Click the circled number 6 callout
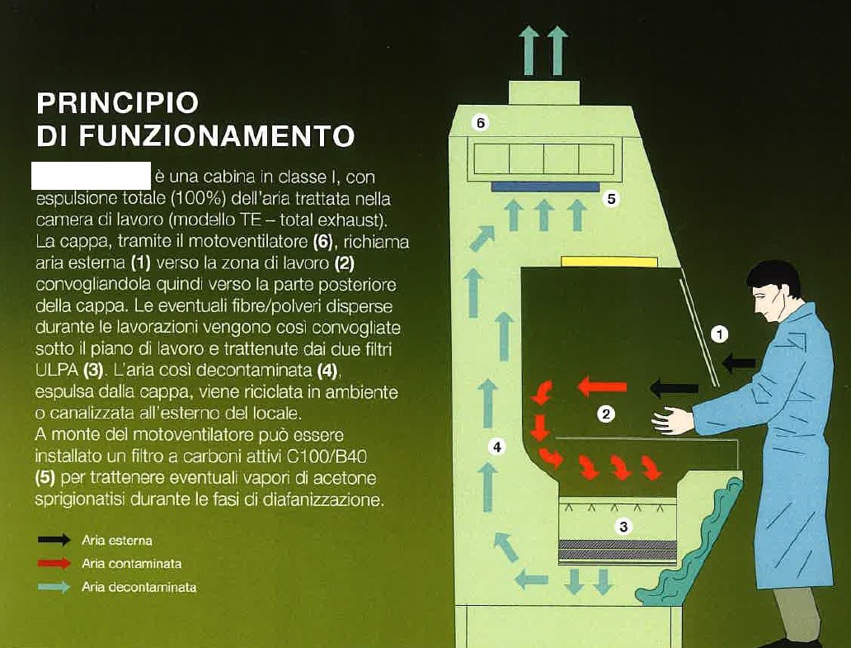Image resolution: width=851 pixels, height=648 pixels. pos(481,123)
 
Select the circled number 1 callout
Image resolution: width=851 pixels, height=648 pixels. pos(720,334)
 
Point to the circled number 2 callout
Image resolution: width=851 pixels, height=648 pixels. pos(606,414)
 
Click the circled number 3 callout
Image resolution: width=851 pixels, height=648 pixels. pos(624,527)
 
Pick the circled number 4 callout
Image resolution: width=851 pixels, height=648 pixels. pos(496,447)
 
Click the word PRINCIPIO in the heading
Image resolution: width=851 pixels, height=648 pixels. pos(118,103)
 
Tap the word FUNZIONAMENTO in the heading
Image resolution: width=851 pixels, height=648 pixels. pos(217,135)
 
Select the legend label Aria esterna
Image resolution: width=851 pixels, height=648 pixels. pos(117,541)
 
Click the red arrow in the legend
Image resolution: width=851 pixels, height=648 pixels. pos(54,564)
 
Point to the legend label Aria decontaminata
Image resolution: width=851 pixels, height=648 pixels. pos(139,587)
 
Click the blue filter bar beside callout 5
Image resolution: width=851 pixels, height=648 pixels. pos(545,187)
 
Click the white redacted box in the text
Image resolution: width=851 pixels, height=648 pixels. pos(91,176)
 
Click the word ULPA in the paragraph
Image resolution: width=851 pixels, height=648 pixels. pos(57,366)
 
